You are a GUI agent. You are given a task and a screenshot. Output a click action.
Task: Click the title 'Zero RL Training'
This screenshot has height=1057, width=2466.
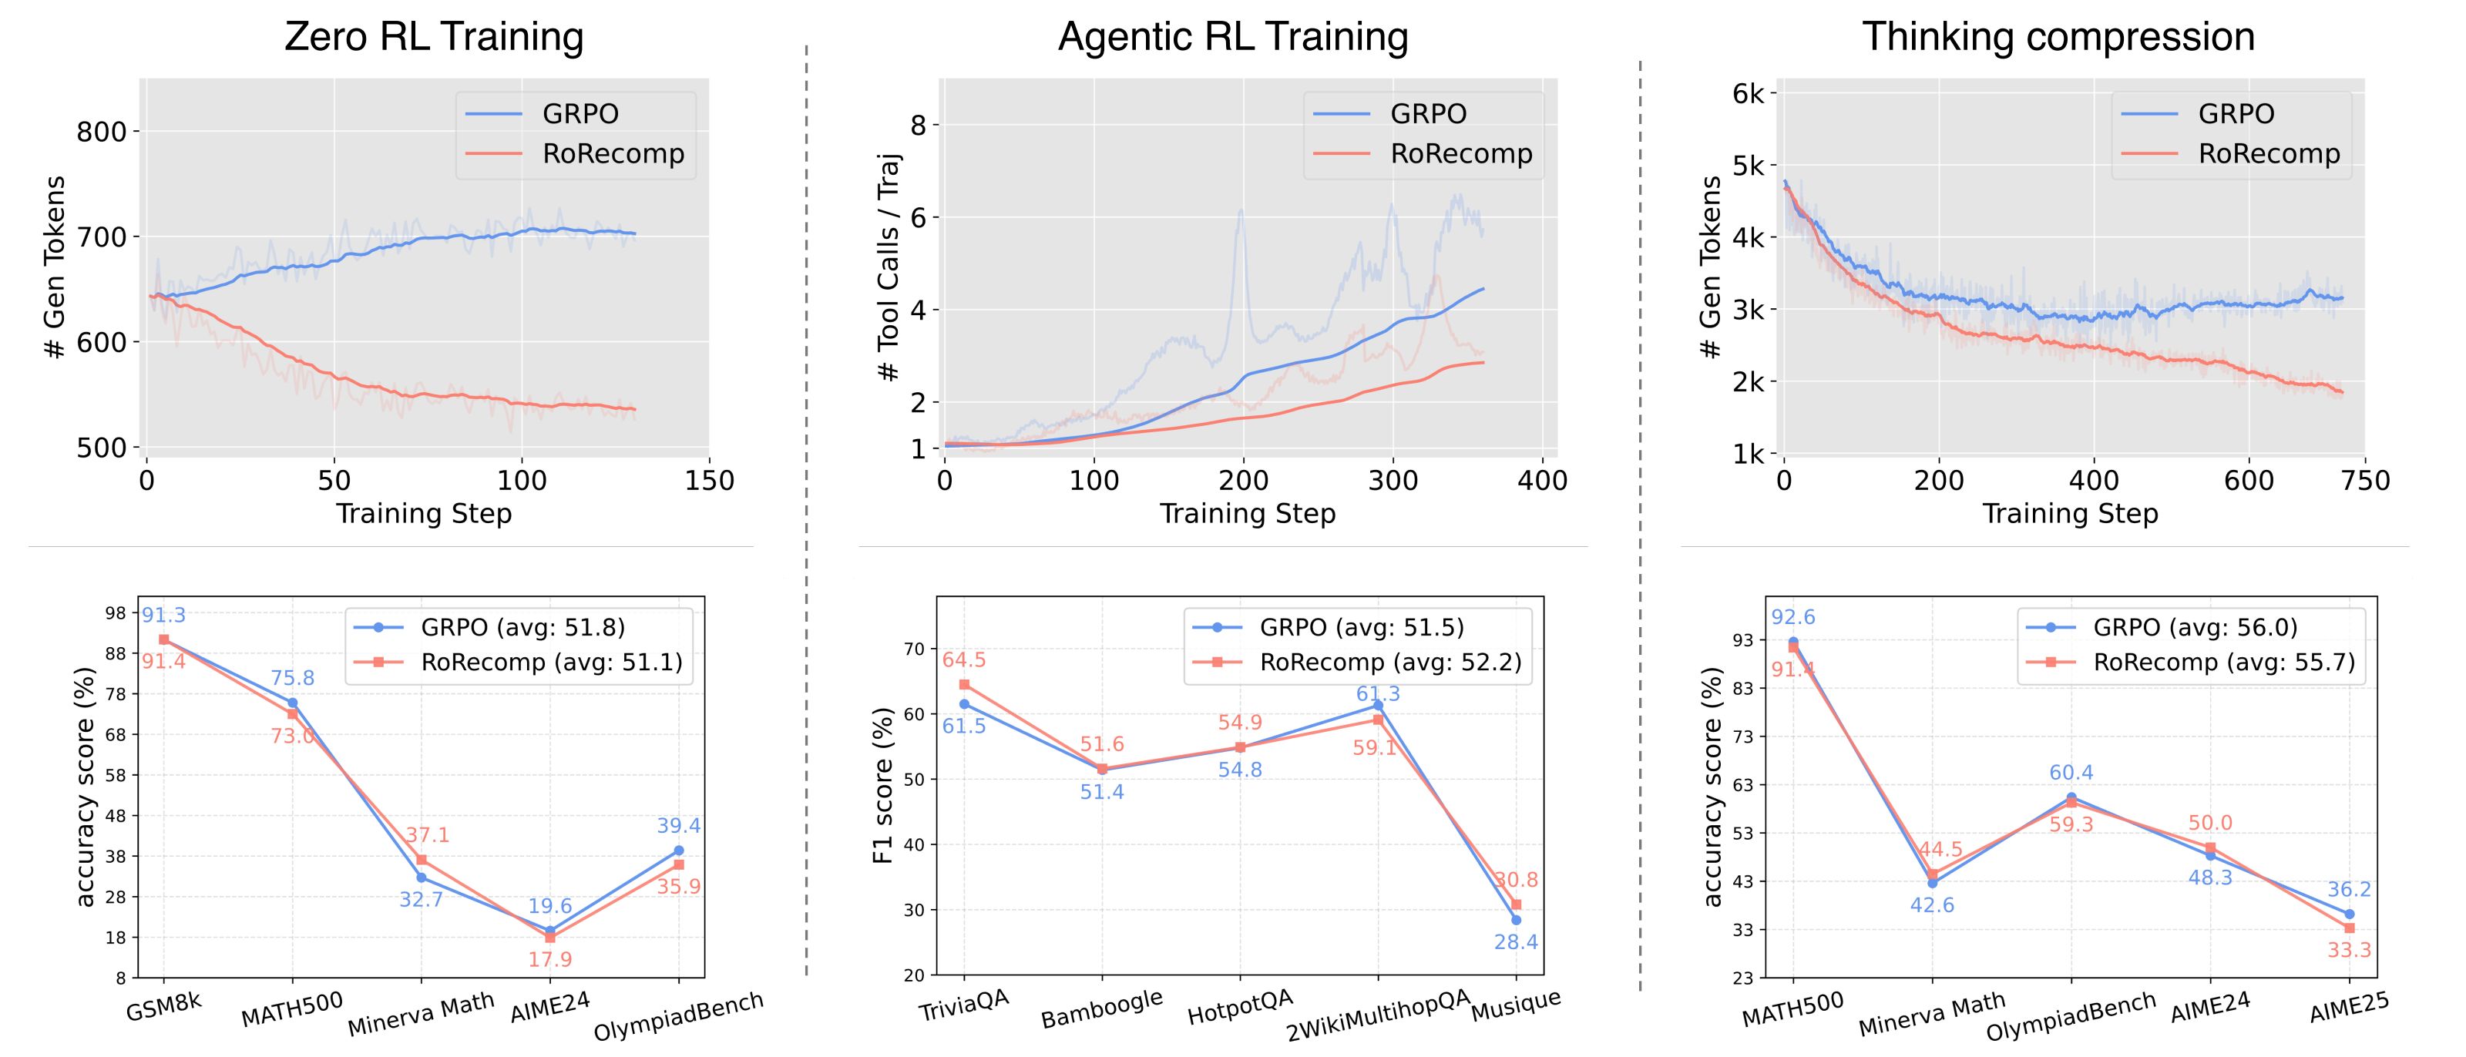coord(434,37)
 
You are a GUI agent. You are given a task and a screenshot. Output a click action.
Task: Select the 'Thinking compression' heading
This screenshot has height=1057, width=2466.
coord(2058,37)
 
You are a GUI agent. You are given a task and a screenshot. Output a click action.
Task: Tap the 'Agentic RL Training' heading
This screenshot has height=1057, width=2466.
coord(1233,37)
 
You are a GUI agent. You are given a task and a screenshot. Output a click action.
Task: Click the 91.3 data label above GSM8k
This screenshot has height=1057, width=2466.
coord(163,616)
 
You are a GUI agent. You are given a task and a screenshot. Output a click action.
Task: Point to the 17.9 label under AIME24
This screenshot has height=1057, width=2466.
coord(549,959)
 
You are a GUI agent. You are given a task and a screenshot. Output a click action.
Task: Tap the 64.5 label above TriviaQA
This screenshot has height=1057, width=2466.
coord(964,659)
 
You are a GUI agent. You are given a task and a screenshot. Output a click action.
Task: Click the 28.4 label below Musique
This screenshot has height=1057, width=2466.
coord(1517,942)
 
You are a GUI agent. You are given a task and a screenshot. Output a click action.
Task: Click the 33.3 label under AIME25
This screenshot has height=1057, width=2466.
coord(2349,950)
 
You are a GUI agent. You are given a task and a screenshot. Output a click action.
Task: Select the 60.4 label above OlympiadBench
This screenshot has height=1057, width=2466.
coord(2071,773)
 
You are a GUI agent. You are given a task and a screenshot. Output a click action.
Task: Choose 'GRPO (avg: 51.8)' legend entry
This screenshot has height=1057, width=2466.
coord(522,627)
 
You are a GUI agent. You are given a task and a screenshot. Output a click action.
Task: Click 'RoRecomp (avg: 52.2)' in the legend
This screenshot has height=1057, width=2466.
coord(1390,662)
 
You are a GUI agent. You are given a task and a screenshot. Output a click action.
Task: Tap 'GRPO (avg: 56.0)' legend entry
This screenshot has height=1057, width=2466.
coord(2195,627)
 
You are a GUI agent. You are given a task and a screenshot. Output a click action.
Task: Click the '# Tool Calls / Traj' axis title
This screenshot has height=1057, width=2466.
coord(889,266)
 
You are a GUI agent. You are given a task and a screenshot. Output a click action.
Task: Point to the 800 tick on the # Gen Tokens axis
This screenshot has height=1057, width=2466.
coord(102,133)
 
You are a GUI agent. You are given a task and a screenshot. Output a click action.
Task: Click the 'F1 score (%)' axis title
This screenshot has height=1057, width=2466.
coord(884,785)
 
